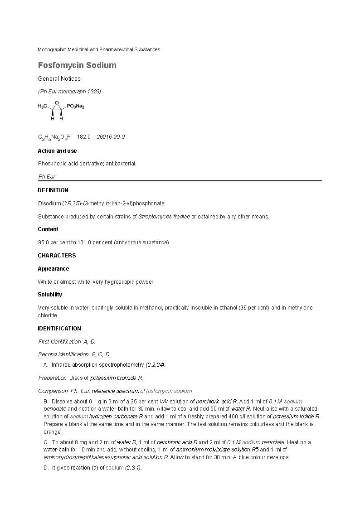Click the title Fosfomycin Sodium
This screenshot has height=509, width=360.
click(77, 65)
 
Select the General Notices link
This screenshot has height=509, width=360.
click(59, 79)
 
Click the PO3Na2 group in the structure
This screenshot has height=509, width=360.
click(75, 106)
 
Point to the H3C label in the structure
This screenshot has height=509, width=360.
click(43, 106)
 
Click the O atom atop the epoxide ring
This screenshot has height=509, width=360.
click(57, 103)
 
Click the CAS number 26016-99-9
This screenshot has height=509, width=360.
click(111, 137)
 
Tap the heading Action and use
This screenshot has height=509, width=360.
click(57, 151)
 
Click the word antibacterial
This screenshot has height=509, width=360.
click(122, 164)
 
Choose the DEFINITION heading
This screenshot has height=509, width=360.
click(53, 190)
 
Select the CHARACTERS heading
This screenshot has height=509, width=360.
click(57, 256)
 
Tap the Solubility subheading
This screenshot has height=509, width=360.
click(50, 295)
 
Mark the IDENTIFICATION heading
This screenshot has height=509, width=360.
click(59, 329)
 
